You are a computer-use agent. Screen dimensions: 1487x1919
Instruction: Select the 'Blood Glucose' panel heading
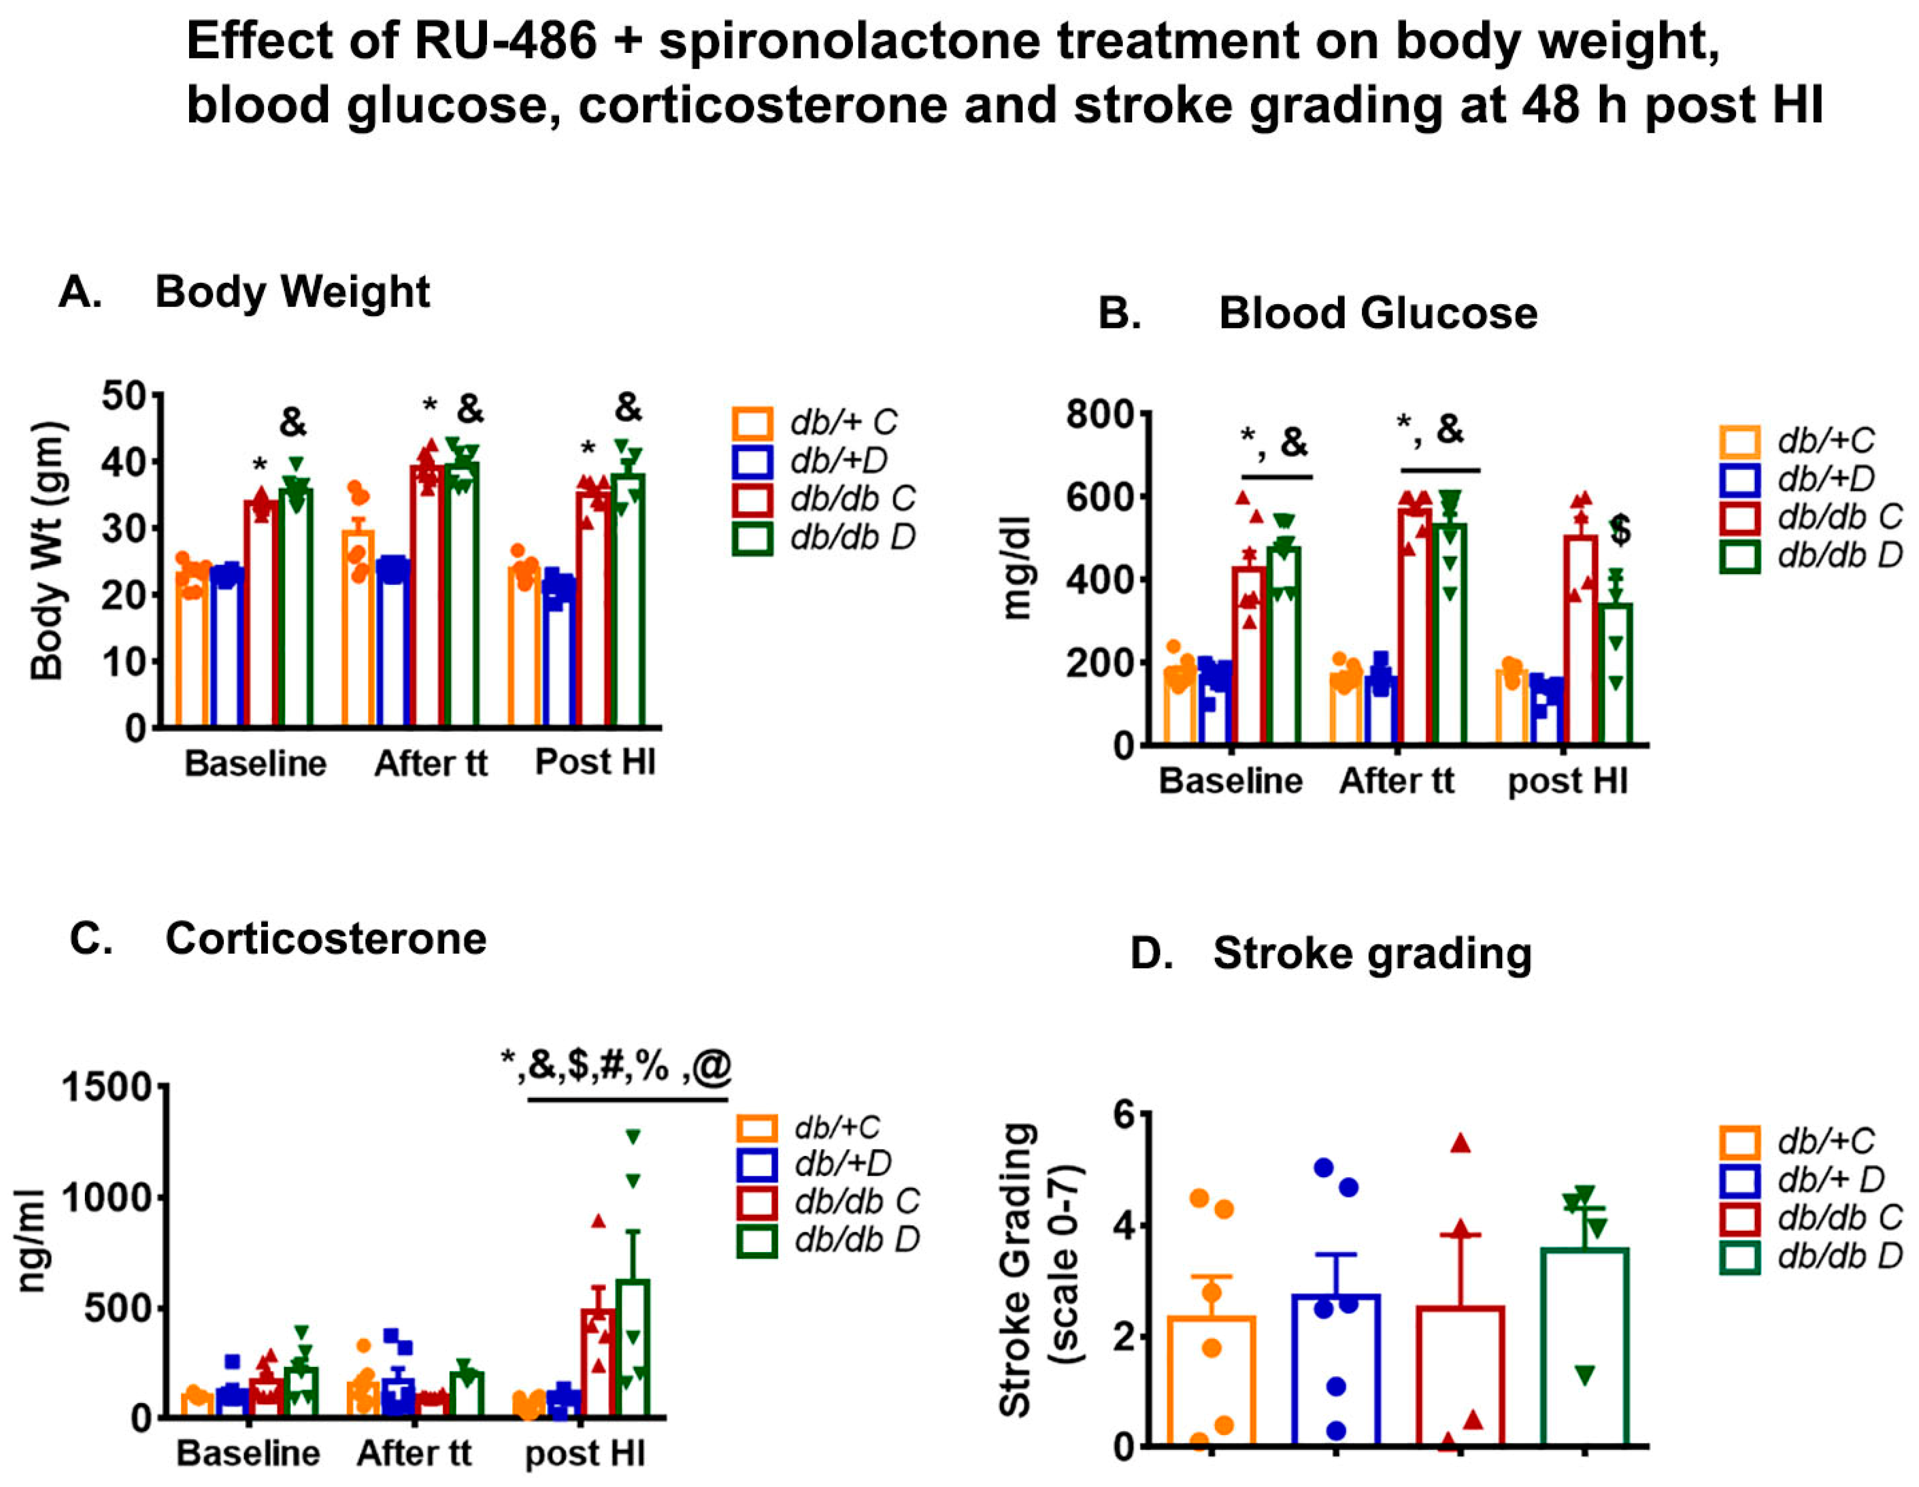[x=1377, y=314]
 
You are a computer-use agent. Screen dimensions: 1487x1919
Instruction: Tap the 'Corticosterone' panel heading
[x=325, y=939]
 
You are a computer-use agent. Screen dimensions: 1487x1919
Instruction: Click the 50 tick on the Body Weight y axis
[x=126, y=396]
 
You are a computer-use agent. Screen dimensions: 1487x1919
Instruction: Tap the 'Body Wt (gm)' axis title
[x=48, y=551]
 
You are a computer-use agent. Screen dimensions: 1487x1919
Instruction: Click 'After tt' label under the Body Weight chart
[x=431, y=763]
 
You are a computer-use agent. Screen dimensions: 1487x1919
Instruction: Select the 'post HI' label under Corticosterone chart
[x=584, y=1453]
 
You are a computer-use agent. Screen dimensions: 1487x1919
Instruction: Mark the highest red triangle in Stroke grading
[x=1460, y=1143]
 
